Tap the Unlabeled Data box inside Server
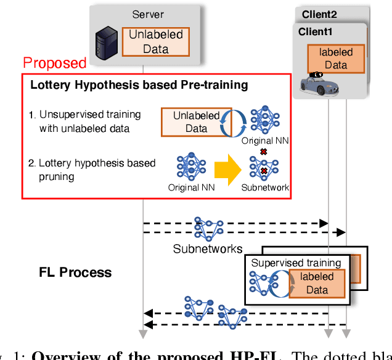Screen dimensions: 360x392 (155, 42)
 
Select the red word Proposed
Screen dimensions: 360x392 (55, 62)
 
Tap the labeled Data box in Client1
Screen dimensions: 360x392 (336, 59)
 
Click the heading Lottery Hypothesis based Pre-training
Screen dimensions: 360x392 (139, 85)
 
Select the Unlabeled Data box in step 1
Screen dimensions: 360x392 (196, 121)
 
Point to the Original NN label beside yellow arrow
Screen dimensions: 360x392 (192, 187)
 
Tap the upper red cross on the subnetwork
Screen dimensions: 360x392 (264, 152)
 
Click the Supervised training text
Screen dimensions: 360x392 (296, 263)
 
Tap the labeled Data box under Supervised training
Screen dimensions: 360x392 (316, 284)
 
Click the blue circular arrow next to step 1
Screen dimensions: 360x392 (236, 121)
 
